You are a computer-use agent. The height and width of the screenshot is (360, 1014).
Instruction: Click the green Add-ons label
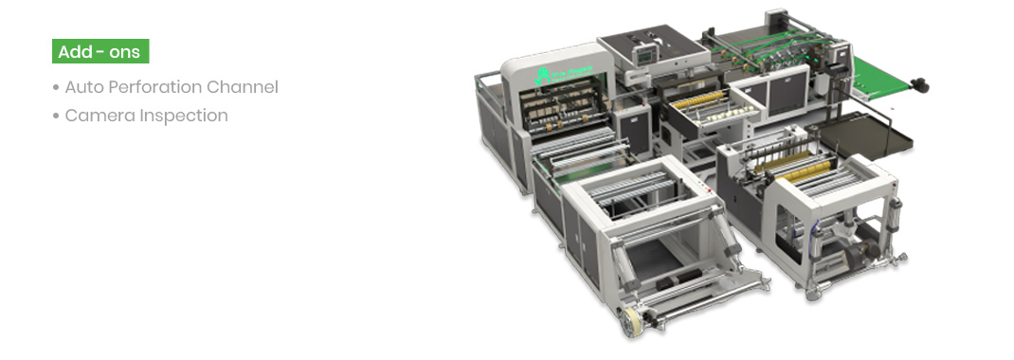[100, 51]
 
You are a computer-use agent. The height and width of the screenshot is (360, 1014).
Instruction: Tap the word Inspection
[184, 116]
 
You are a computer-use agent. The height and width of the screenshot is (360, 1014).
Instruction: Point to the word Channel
[247, 87]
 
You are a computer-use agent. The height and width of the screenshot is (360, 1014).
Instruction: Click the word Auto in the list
[84, 87]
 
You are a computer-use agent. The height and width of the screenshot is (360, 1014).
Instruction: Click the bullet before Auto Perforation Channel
[56, 88]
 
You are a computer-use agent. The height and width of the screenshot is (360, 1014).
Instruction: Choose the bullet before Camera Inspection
[56, 117]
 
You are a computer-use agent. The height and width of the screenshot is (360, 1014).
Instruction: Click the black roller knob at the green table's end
[920, 86]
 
